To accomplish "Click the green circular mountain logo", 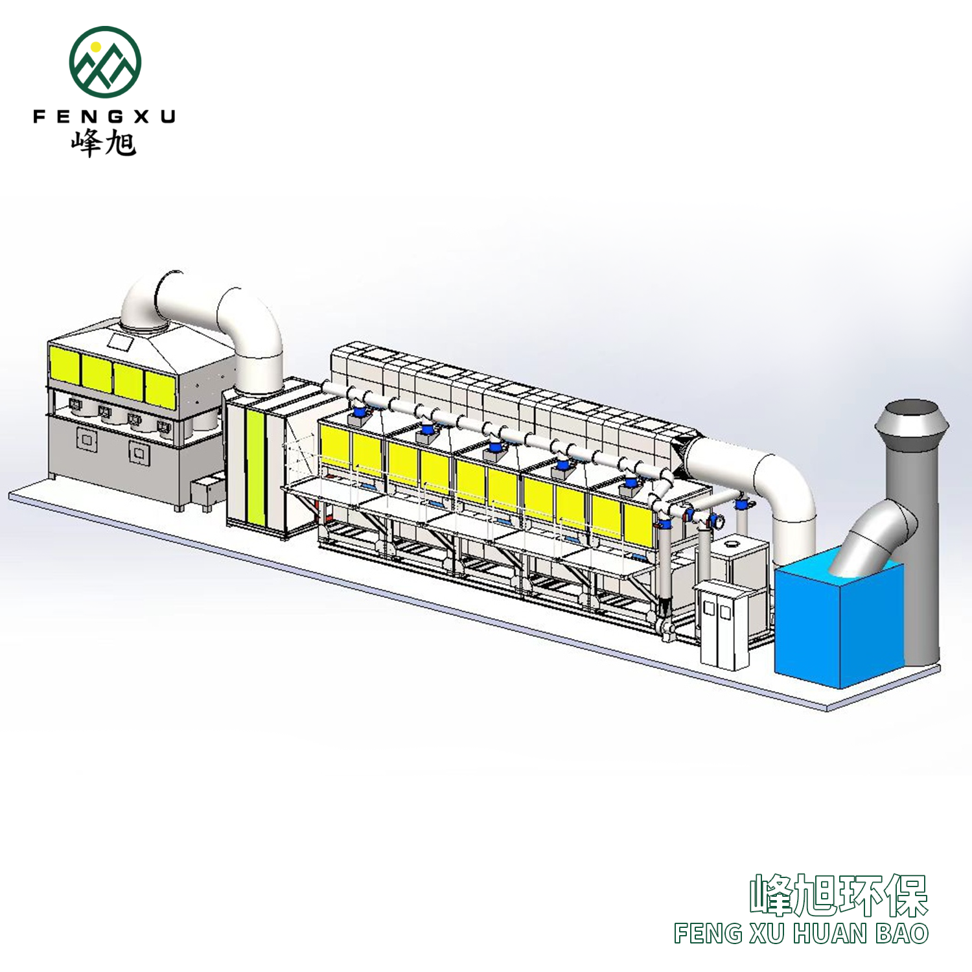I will pyautogui.click(x=105, y=62).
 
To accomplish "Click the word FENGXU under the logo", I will pyautogui.click(x=104, y=117).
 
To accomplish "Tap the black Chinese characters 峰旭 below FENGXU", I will pyautogui.click(x=104, y=143).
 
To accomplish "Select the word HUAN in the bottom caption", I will pyautogui.click(x=829, y=934).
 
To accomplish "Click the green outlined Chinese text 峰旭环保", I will pyautogui.click(x=839, y=896).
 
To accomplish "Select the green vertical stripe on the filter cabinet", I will pyautogui.click(x=255, y=467).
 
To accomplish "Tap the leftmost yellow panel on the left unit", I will pyautogui.click(x=64, y=364).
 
